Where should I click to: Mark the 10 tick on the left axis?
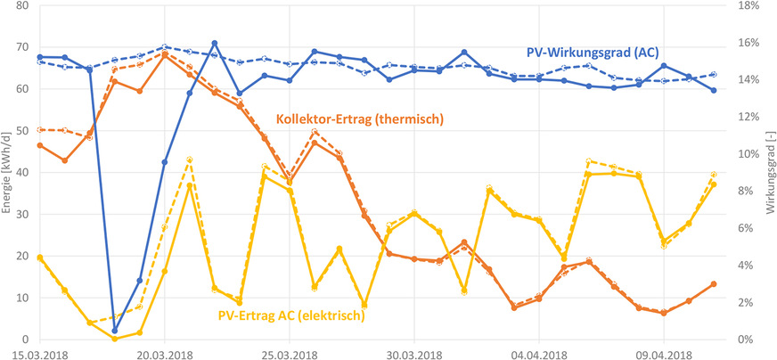(22, 299)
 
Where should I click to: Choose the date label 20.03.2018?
(164, 353)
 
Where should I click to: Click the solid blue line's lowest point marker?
(114, 331)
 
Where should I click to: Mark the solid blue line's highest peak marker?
(215, 43)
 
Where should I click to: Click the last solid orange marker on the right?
(713, 284)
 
